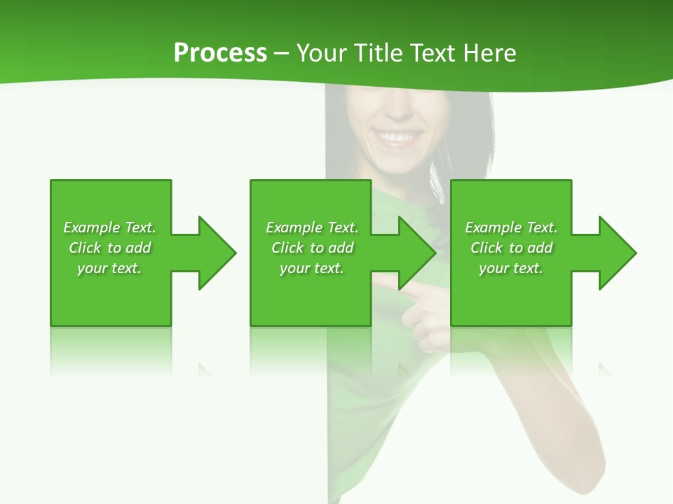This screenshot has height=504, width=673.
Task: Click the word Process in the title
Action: click(x=220, y=53)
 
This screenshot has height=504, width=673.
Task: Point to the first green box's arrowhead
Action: click(x=217, y=253)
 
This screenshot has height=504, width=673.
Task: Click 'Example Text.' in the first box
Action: click(x=109, y=227)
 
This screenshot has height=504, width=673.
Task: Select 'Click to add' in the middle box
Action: click(x=312, y=248)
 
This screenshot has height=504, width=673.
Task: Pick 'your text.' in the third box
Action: click(x=510, y=268)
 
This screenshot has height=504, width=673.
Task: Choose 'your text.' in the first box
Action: click(x=109, y=268)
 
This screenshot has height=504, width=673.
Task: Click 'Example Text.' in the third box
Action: click(x=511, y=227)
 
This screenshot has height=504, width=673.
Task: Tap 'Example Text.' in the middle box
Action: click(x=312, y=227)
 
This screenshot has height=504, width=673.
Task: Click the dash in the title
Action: click(x=282, y=53)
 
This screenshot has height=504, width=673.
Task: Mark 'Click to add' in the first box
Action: click(x=109, y=248)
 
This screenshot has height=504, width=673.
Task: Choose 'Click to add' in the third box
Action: click(x=511, y=248)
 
